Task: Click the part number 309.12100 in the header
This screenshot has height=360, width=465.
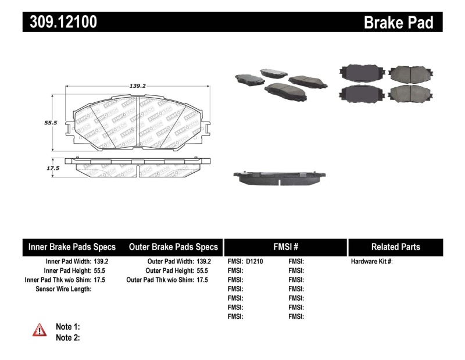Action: pos(60,22)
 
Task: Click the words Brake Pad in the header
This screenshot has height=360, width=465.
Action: pos(398,22)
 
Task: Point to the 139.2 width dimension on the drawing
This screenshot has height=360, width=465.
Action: pos(137,85)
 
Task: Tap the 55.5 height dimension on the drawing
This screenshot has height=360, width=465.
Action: pos(51,123)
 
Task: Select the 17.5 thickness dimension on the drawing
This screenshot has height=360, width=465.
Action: pos(53,168)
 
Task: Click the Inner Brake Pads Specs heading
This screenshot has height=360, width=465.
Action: pos(72,247)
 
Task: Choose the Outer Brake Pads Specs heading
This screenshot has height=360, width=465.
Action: pos(173,247)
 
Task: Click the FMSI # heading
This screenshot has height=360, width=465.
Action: pos(285,247)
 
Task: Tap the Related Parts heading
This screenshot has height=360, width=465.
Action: pos(395,247)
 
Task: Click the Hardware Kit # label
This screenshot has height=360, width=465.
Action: pos(371,262)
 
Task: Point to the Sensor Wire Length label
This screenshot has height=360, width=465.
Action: pos(63,289)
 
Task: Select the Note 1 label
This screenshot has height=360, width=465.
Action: pos(67,327)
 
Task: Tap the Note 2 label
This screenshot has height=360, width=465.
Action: pos(67,337)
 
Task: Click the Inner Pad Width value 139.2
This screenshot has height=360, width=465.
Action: pos(101,262)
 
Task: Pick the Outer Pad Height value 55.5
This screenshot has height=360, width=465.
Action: pos(202,271)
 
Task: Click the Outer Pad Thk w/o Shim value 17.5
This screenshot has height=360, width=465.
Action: pos(202,280)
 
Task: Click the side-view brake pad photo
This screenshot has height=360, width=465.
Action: pos(279,177)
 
